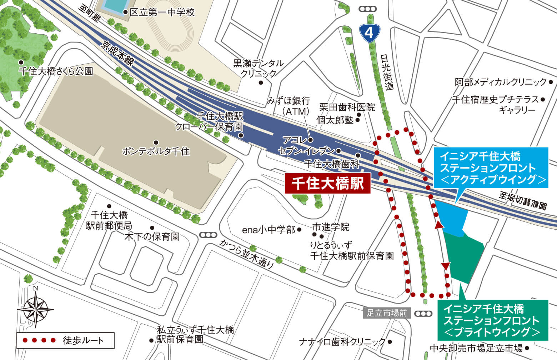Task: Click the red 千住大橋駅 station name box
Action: (x=327, y=184)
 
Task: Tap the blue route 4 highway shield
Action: (x=369, y=32)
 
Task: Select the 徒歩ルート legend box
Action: (x=65, y=340)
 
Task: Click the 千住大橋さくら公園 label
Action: (x=56, y=71)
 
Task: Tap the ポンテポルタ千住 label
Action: (x=156, y=151)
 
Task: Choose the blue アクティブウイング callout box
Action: (x=491, y=168)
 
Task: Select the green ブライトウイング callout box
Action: (x=493, y=320)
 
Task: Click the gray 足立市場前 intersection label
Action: (x=387, y=313)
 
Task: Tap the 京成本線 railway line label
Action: (x=117, y=53)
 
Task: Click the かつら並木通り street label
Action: (x=247, y=254)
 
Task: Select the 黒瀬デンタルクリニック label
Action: (x=259, y=68)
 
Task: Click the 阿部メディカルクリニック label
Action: (x=501, y=82)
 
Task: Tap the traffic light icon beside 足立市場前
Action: (x=423, y=314)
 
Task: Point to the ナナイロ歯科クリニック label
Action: (x=342, y=342)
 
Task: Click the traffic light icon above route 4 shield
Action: (x=368, y=9)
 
